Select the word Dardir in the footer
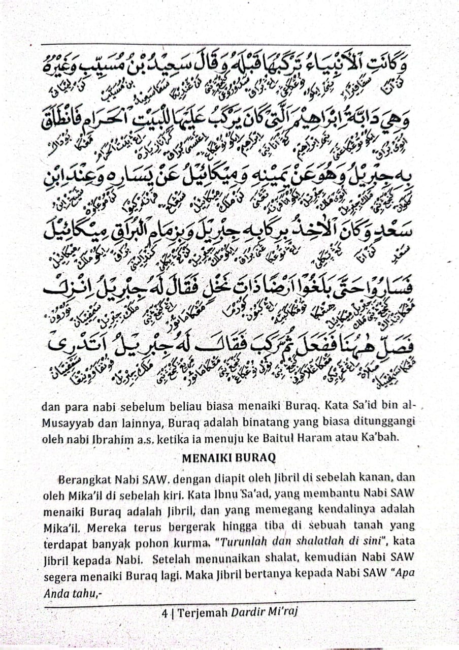248,612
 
